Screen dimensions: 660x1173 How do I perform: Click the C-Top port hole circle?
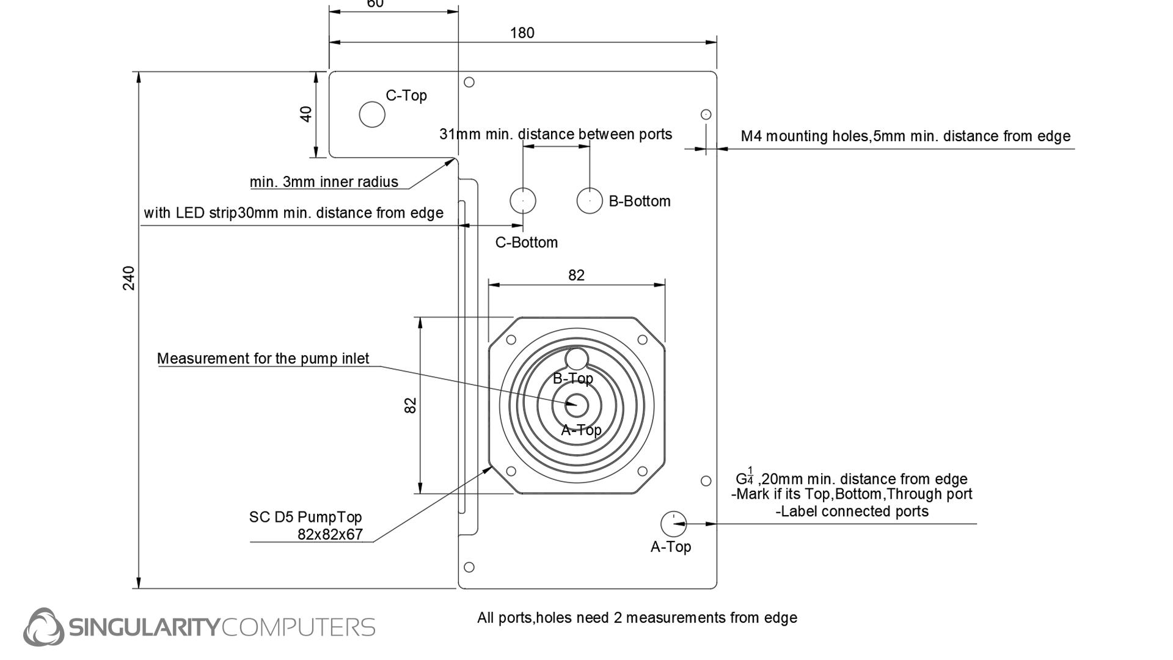[x=372, y=114]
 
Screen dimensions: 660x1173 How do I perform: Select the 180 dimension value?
[x=522, y=33]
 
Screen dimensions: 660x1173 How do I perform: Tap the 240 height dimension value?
[x=129, y=278]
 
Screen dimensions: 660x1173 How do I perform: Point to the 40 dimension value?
[x=306, y=114]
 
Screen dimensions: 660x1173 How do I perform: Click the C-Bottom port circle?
[x=523, y=200]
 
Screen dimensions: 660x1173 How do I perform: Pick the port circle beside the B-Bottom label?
[x=590, y=200]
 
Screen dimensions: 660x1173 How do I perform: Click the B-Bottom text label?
[x=640, y=202]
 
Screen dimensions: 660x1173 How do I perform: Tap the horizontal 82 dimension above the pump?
[x=576, y=276]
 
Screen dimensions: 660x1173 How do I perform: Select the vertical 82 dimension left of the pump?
[x=411, y=405]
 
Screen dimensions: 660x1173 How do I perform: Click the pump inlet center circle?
[x=576, y=405]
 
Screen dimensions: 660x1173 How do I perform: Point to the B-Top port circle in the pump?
[x=576, y=359]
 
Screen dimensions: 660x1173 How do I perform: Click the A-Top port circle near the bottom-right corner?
[x=673, y=523]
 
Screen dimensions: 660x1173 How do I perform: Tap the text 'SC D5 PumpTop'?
[x=305, y=517]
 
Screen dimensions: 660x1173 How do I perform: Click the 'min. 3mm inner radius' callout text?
[x=324, y=182]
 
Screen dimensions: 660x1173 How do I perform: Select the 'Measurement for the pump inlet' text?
[x=263, y=359]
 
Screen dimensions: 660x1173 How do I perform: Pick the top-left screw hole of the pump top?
[x=511, y=340]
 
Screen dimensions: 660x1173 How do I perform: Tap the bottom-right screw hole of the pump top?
[x=642, y=471]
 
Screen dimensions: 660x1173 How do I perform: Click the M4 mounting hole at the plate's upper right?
[x=706, y=114]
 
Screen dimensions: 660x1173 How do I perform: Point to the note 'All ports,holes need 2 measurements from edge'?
[x=637, y=618]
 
